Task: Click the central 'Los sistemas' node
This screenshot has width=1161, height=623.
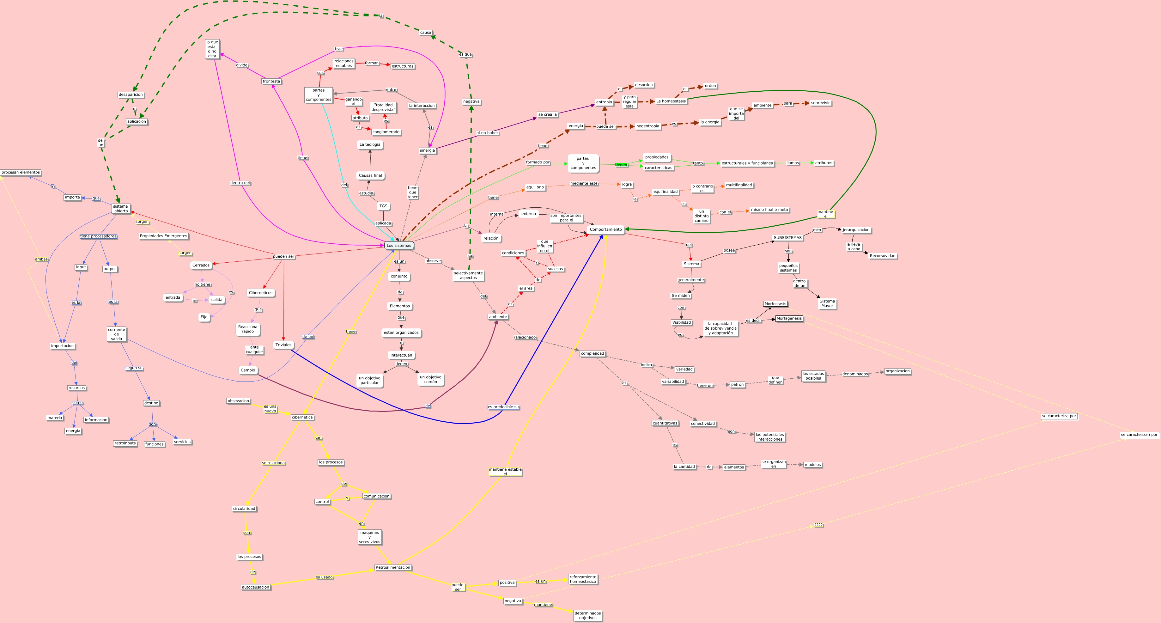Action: [x=399, y=246]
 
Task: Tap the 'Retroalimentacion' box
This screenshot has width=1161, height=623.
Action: [x=392, y=568]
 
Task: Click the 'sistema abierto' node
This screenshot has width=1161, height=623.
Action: [x=121, y=209]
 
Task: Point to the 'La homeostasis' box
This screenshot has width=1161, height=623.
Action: [x=671, y=101]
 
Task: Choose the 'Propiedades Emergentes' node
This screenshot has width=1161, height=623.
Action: [x=163, y=236]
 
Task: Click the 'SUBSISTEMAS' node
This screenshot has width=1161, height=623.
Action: [x=787, y=238]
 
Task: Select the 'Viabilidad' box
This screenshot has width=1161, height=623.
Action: [x=681, y=323]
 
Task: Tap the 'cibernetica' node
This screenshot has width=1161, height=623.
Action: [x=302, y=418]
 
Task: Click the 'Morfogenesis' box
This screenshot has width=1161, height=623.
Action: [x=789, y=319]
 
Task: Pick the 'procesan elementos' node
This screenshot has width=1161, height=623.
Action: [x=21, y=173]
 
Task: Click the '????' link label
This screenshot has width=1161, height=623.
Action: [x=818, y=525]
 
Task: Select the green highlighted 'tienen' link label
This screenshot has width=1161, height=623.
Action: [x=621, y=165]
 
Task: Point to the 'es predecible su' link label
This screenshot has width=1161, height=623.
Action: [x=503, y=407]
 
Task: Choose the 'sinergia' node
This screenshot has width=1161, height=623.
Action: [x=427, y=150]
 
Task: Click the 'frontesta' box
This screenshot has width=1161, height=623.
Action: [x=271, y=82]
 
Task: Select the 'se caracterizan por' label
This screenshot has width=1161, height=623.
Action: [x=1139, y=435]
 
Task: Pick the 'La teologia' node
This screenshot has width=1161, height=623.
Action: [x=370, y=145]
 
